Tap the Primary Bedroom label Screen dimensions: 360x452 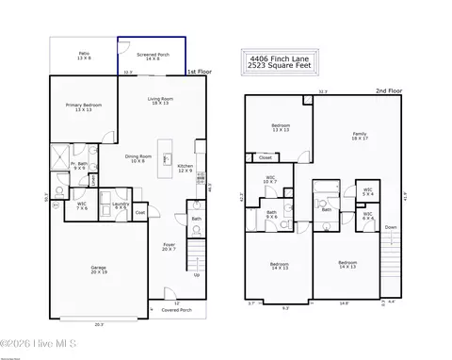(x=84, y=107)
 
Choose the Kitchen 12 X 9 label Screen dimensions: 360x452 (x=186, y=168)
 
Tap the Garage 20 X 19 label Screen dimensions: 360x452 (x=98, y=270)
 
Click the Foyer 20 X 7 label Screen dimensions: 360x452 (x=169, y=246)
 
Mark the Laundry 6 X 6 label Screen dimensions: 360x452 (x=121, y=205)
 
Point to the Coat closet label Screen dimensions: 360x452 (x=139, y=213)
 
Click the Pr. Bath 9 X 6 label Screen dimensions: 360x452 (x=82, y=166)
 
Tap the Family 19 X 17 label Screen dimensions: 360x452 (x=359, y=137)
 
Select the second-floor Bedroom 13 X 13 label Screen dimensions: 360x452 (x=281, y=128)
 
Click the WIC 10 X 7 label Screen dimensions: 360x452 (x=270, y=179)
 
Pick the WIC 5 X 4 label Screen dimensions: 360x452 (x=368, y=193)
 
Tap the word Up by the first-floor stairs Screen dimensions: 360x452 (x=196, y=275)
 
